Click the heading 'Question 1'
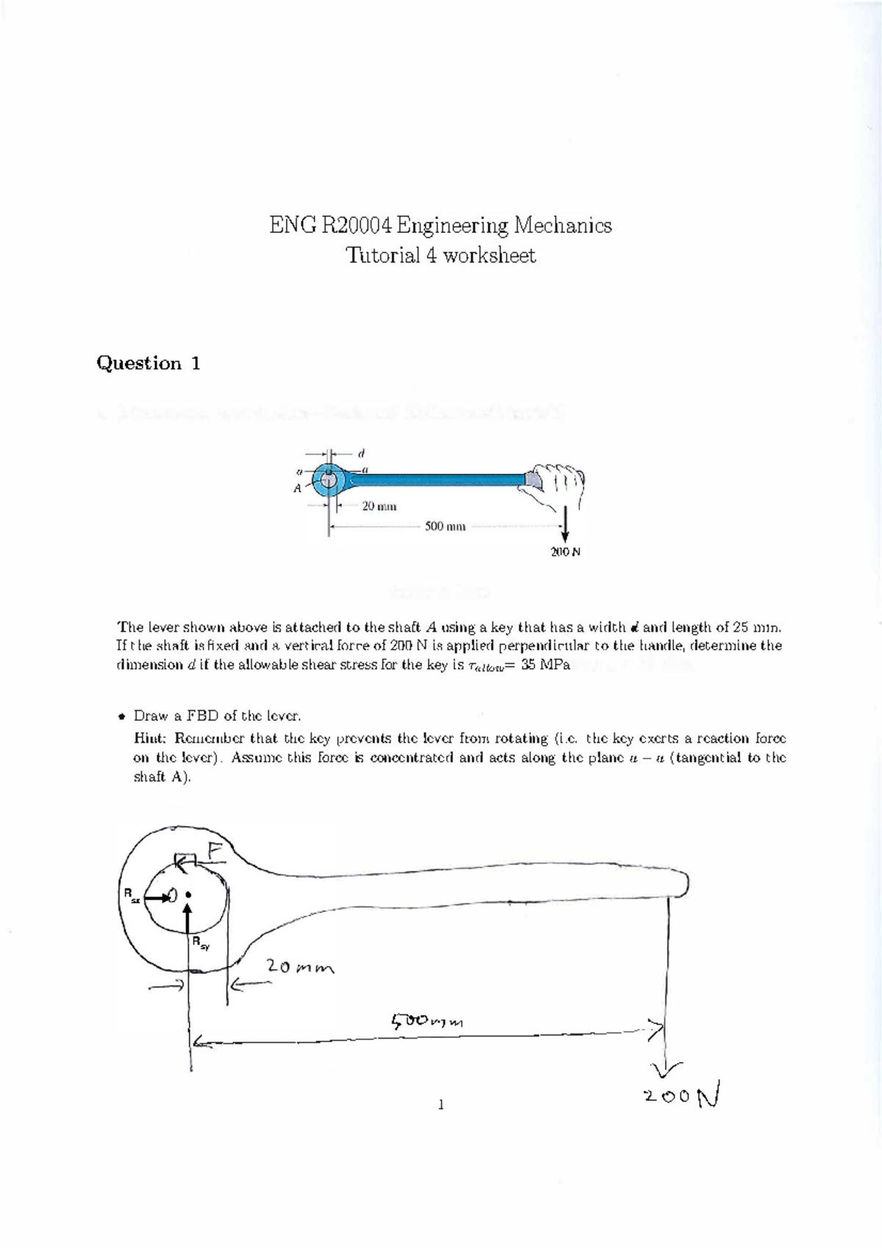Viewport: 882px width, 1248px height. click(x=148, y=363)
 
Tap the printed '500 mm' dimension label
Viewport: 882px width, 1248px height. click(x=445, y=527)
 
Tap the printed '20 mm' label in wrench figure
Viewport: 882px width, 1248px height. click(x=379, y=506)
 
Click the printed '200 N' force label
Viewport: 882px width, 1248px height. click(x=565, y=552)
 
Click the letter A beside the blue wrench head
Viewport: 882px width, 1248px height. click(x=298, y=489)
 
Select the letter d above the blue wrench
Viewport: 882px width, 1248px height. click(x=362, y=453)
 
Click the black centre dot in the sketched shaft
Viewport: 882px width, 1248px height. click(x=189, y=894)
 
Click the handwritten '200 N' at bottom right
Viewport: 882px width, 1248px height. click(x=683, y=1096)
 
